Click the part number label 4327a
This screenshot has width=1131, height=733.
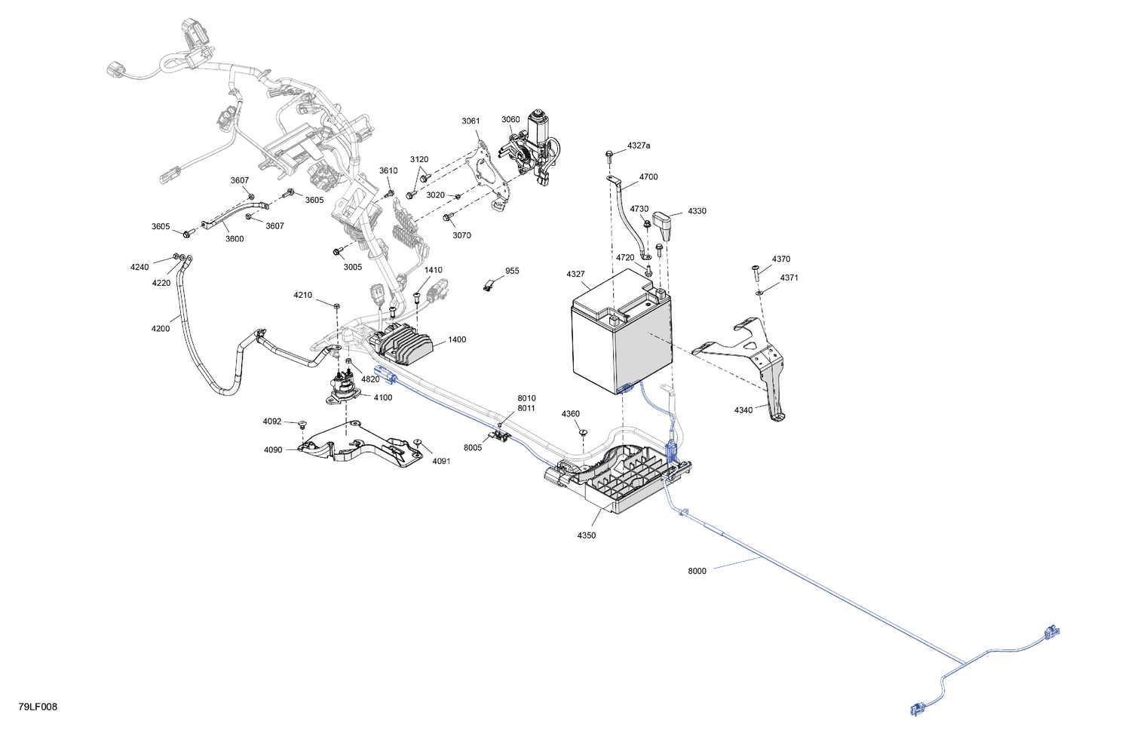pos(638,146)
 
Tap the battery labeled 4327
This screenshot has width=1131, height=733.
pos(621,333)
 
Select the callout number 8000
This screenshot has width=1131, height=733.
pos(697,571)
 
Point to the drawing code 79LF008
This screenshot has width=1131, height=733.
pos(38,707)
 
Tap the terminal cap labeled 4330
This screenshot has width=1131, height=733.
pos(664,225)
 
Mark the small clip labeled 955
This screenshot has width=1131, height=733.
pos(488,287)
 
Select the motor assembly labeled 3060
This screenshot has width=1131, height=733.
pos(530,149)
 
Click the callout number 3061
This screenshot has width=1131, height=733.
pos(470,121)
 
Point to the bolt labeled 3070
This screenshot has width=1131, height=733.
pos(447,218)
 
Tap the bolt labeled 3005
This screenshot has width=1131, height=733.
pos(338,251)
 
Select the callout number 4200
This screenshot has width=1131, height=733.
pos(161,329)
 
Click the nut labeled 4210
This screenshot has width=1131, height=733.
pos(337,306)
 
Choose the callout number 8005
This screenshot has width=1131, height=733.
pos(473,447)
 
